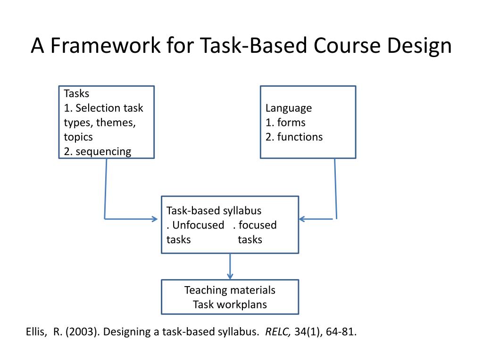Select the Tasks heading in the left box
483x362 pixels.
(76, 93)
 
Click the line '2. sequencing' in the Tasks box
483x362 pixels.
(98, 151)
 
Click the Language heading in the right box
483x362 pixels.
(289, 108)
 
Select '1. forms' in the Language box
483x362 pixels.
(285, 123)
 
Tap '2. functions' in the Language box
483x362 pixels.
(294, 137)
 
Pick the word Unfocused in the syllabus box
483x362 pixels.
(198, 225)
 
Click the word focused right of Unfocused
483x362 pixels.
(258, 225)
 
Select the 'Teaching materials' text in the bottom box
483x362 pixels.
(230, 290)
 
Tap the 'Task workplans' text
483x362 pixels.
(230, 304)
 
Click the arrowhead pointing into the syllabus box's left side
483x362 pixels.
(154, 219)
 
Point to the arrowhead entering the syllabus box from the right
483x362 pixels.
(302, 219)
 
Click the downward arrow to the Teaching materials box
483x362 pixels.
(230, 275)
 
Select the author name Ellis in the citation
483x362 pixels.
(36, 331)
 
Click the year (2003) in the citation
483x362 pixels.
(82, 331)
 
